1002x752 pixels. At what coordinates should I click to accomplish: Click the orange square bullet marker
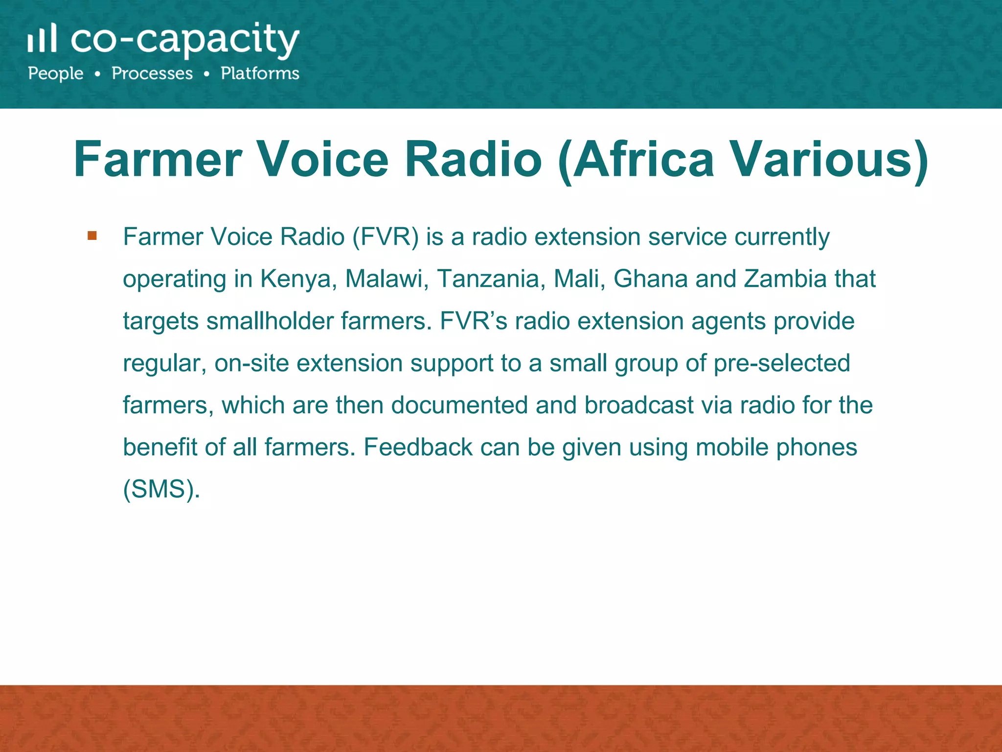click(x=92, y=236)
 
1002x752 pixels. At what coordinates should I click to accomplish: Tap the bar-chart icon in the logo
click(x=42, y=38)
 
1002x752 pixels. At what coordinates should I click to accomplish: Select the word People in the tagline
click(x=56, y=73)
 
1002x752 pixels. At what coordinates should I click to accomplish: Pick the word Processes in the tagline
click(x=152, y=73)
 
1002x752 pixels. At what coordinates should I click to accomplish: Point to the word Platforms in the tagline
click(x=260, y=73)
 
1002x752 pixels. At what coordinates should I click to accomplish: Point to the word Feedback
click(x=418, y=447)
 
